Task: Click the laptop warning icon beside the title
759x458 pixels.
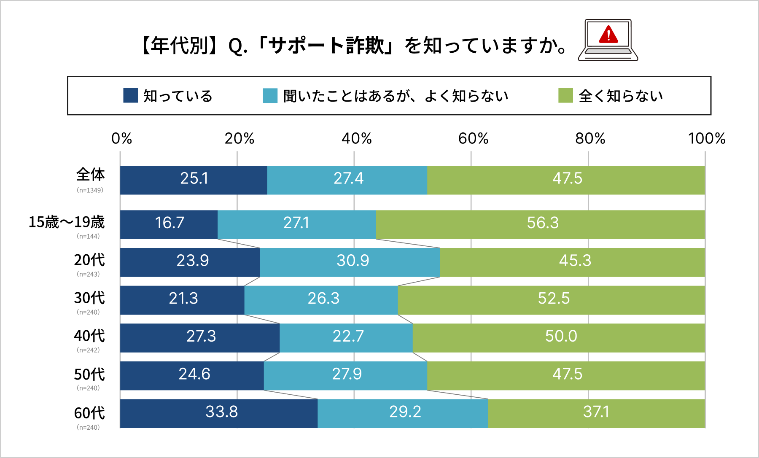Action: pos(608,40)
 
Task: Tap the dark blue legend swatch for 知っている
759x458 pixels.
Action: pos(130,95)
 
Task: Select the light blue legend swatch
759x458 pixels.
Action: pos(270,95)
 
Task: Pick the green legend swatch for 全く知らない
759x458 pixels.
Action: pos(565,95)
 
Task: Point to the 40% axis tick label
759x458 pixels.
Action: pos(356,138)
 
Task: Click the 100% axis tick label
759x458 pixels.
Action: pos(706,138)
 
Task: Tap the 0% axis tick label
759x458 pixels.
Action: pos(121,138)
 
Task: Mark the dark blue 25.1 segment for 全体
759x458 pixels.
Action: pos(194,180)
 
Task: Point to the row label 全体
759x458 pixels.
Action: pos(90,175)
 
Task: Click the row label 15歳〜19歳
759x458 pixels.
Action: pos(67,222)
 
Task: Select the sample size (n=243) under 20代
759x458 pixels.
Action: pos(88,274)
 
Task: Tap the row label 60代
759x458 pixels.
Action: pos(89,413)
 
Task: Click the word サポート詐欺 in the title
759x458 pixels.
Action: pos(327,46)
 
